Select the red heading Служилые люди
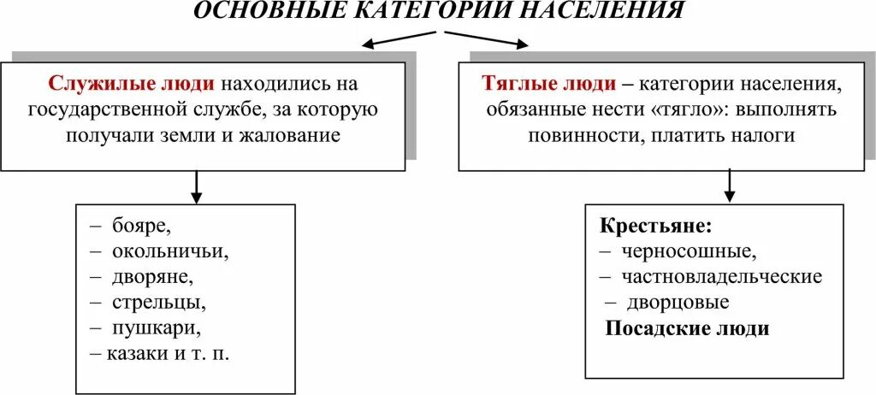click(133, 85)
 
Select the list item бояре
click(140, 227)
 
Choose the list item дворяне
click(151, 277)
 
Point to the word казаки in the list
click(134, 353)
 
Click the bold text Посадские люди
click(688, 329)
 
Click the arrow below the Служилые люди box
click(196, 186)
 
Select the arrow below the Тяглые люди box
click(730, 185)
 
